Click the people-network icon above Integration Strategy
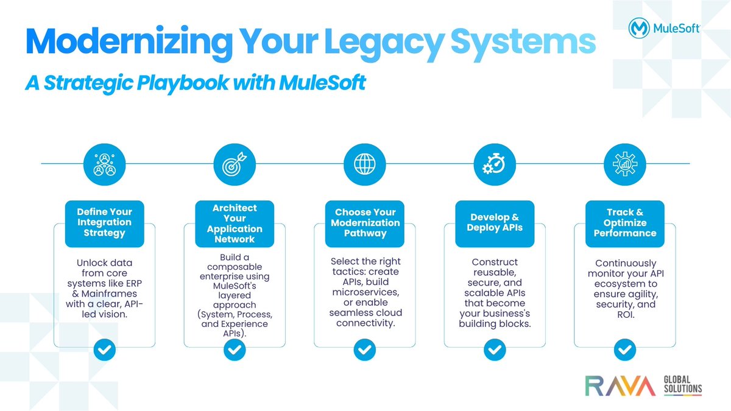(104, 163)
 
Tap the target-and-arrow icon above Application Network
(235, 163)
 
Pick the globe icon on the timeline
(364, 163)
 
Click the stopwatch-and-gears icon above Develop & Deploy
(495, 163)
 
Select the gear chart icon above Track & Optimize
(624, 163)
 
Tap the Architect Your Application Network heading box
(235, 223)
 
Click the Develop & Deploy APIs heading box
(495, 223)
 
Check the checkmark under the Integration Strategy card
(104, 350)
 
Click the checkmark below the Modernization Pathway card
(364, 350)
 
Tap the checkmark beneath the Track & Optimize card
(624, 350)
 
